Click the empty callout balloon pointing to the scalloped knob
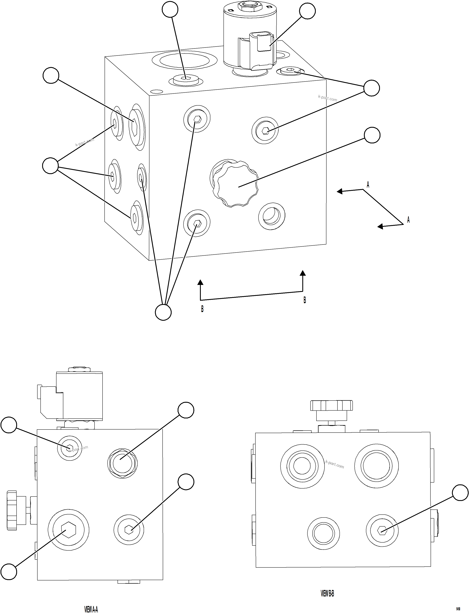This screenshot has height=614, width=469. pos(372,135)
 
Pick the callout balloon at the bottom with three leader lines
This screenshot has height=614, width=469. pos(163,312)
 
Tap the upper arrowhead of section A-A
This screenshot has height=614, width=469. pos(339,191)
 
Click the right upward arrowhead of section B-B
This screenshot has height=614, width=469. pos(303,273)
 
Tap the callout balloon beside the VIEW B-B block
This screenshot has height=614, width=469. pos(460,493)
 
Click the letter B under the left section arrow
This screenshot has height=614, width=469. pos(202,309)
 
